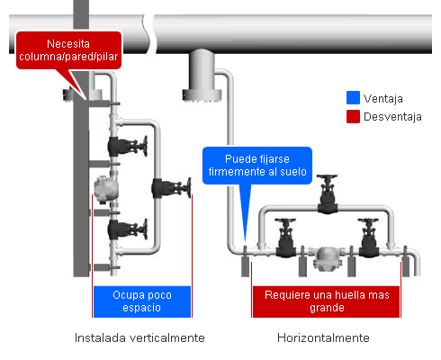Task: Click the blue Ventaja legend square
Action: (x=353, y=98)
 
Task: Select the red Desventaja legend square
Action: (x=353, y=116)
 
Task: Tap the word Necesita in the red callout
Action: (x=68, y=44)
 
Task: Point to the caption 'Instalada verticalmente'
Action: (x=139, y=337)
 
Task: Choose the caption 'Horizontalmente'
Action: (x=323, y=337)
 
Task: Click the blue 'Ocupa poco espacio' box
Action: (x=142, y=301)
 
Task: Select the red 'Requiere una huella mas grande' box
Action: (x=327, y=301)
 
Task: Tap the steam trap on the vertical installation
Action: (x=106, y=189)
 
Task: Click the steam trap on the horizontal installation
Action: (x=326, y=258)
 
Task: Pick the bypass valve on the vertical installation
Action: (x=171, y=188)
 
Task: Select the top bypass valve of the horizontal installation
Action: (x=328, y=193)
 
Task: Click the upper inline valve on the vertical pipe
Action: (x=128, y=146)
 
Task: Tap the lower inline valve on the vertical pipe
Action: (x=128, y=229)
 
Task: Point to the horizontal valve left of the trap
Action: (x=285, y=238)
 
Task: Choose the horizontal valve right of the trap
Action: (x=368, y=238)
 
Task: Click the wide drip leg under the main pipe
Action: (x=202, y=76)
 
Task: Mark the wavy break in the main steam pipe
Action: (x=148, y=34)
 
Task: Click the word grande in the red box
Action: (x=327, y=308)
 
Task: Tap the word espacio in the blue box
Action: (x=141, y=308)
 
